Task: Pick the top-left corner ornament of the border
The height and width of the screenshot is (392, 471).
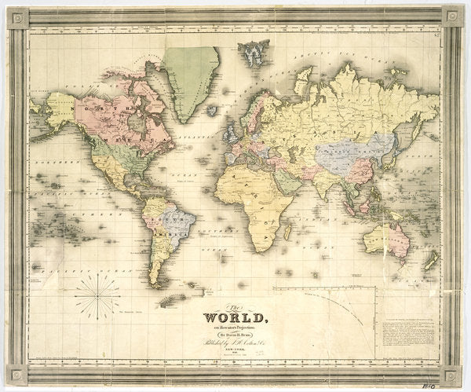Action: [x=17, y=17]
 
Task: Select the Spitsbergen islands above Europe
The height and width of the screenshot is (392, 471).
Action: [x=254, y=54]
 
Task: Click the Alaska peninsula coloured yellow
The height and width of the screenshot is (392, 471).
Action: [x=58, y=111]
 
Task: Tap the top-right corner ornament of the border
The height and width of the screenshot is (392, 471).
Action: [x=452, y=16]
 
